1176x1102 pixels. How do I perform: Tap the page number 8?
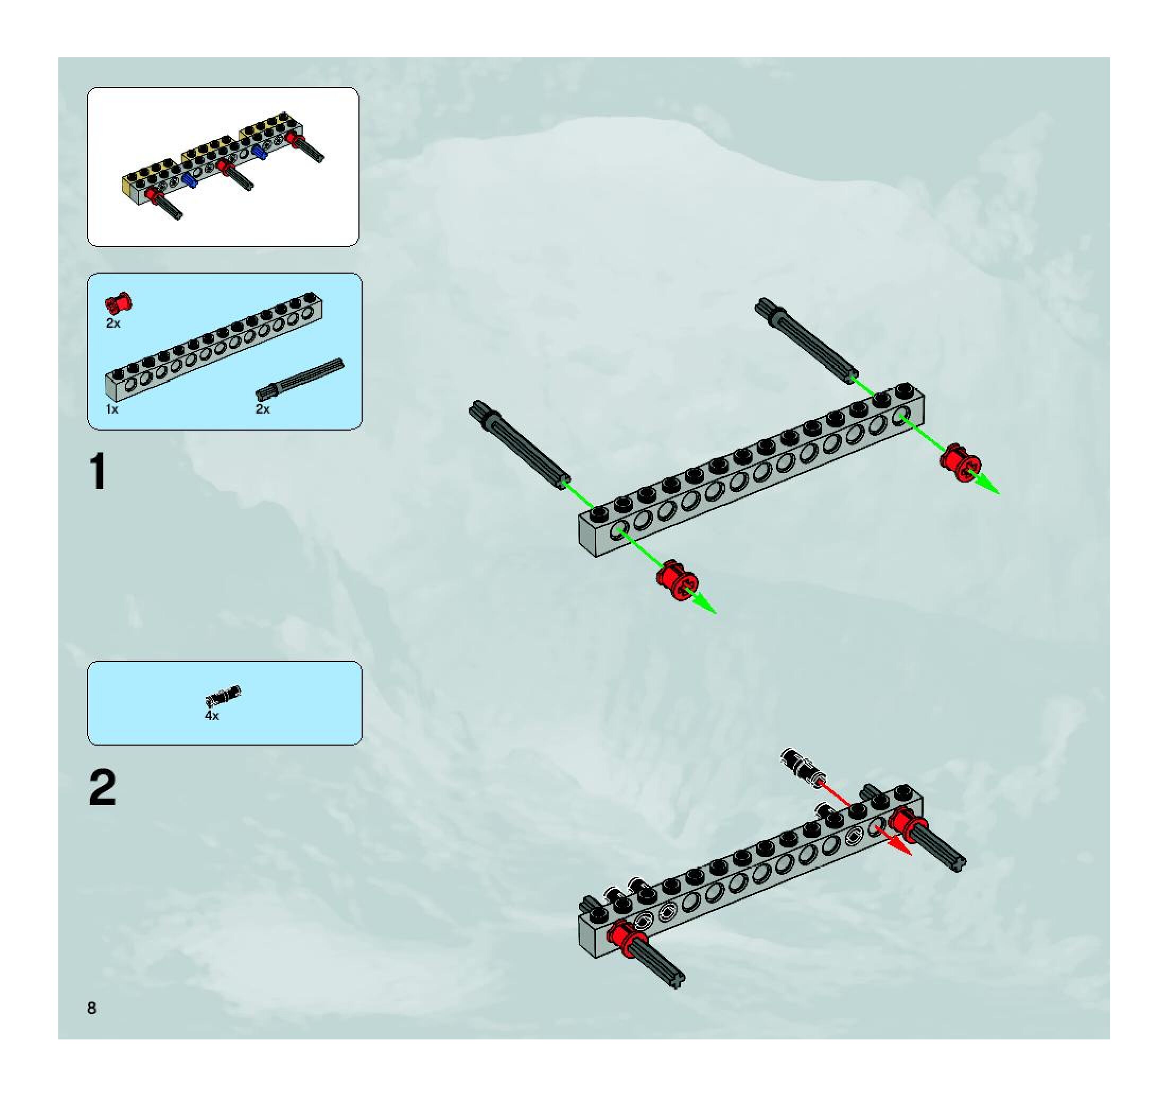(x=92, y=1008)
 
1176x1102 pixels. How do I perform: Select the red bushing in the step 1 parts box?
(x=119, y=303)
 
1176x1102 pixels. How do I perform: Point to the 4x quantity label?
(x=212, y=716)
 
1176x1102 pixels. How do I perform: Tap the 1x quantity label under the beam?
(x=112, y=409)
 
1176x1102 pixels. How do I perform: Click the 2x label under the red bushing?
(x=113, y=323)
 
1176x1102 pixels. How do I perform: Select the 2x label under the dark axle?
(x=262, y=409)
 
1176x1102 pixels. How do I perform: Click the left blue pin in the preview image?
(x=190, y=180)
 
